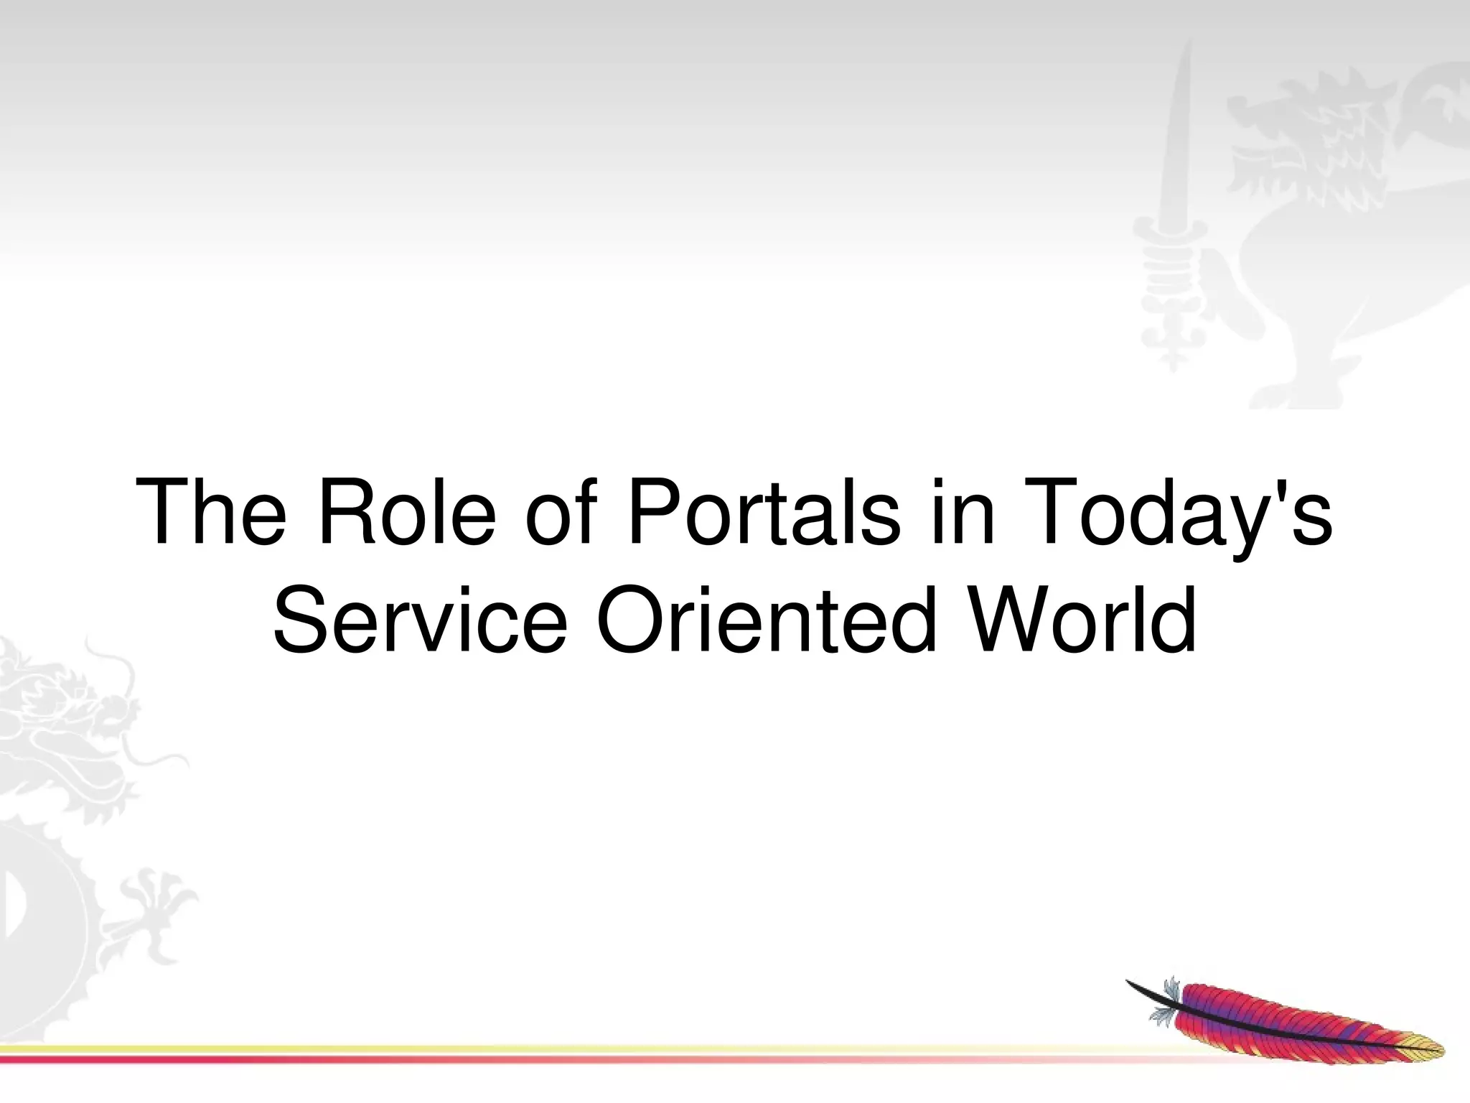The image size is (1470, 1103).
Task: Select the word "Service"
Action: tap(420, 619)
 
